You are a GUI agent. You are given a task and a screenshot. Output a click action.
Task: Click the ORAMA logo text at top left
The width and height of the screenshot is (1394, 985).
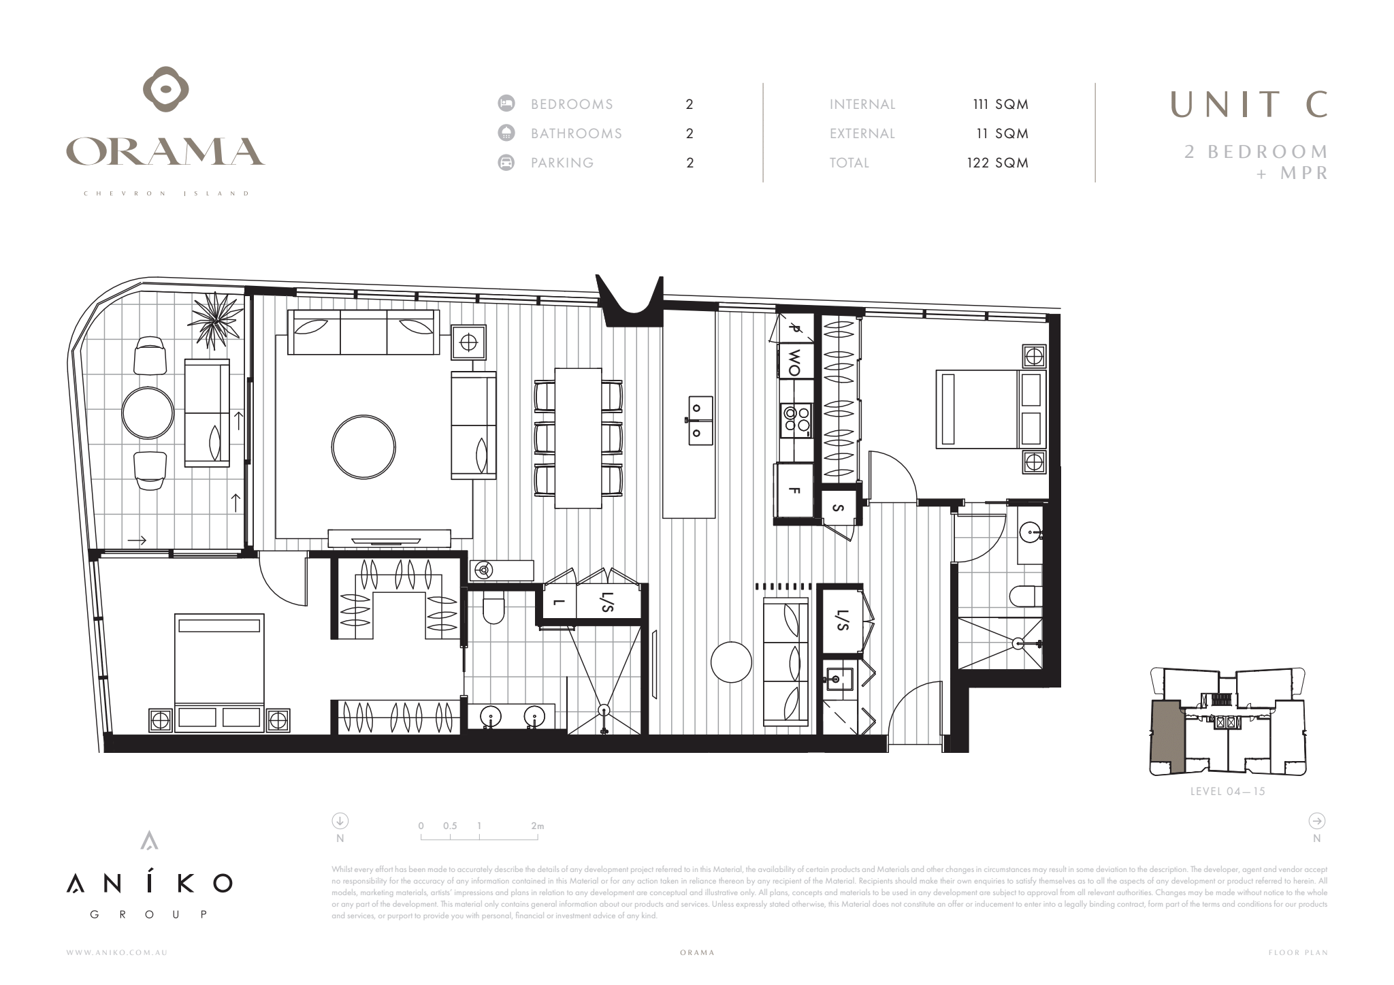165,151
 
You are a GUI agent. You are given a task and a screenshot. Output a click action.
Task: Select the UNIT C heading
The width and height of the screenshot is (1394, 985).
1248,104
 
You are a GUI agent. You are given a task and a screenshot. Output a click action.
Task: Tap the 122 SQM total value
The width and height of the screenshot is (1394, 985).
997,163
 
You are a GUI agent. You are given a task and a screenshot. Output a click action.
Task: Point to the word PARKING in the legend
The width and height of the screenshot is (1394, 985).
562,163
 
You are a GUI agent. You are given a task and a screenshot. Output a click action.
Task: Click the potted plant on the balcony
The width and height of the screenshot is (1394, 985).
215,320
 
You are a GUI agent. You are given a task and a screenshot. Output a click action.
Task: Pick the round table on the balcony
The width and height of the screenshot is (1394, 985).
148,413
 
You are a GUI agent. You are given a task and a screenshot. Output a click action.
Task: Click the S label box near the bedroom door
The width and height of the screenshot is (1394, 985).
838,508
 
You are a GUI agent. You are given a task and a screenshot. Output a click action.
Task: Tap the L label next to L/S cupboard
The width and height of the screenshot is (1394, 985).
558,602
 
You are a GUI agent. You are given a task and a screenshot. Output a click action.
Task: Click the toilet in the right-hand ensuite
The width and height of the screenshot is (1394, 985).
1025,597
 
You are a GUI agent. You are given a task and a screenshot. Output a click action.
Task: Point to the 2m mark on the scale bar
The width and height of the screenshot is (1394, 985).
538,826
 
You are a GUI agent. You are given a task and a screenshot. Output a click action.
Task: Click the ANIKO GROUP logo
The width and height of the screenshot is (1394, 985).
149,882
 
